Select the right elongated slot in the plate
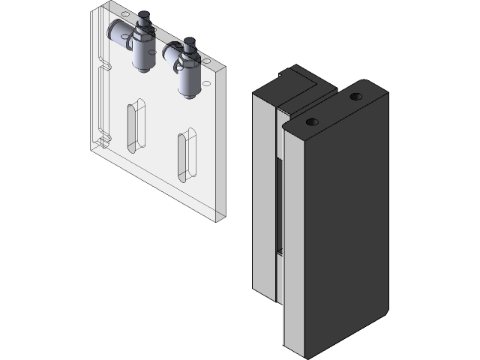click(x=184, y=155)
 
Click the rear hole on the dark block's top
click(x=355, y=96)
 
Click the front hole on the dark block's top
click(x=312, y=121)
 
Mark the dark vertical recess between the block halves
click(x=280, y=202)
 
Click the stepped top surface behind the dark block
click(x=300, y=82)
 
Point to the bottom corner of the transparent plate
click(x=220, y=217)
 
